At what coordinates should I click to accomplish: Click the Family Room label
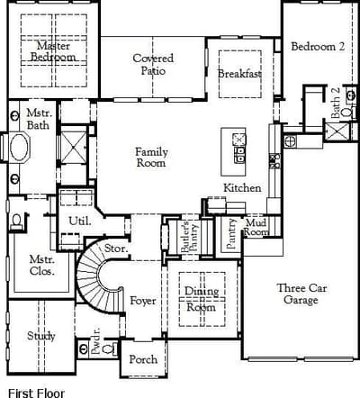[151, 157]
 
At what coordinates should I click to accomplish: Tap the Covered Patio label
[153, 64]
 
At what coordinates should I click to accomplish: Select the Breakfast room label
[239, 74]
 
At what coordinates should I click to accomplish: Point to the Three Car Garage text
[301, 294]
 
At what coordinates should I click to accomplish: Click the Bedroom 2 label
[318, 47]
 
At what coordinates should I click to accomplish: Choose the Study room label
[41, 336]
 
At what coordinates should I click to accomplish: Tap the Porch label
[143, 359]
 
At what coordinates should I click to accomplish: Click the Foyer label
[143, 301]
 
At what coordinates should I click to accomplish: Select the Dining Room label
[202, 299]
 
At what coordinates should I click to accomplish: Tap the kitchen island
[233, 151]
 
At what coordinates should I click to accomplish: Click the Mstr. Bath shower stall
[73, 148]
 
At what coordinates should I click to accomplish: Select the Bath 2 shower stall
[337, 131]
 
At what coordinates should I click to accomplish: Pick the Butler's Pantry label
[189, 237]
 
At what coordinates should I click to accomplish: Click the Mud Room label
[256, 227]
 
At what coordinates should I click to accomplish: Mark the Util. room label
[80, 222]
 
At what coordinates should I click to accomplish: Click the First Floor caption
[36, 393]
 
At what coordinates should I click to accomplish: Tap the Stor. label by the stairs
[116, 249]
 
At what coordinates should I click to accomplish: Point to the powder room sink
[83, 348]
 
